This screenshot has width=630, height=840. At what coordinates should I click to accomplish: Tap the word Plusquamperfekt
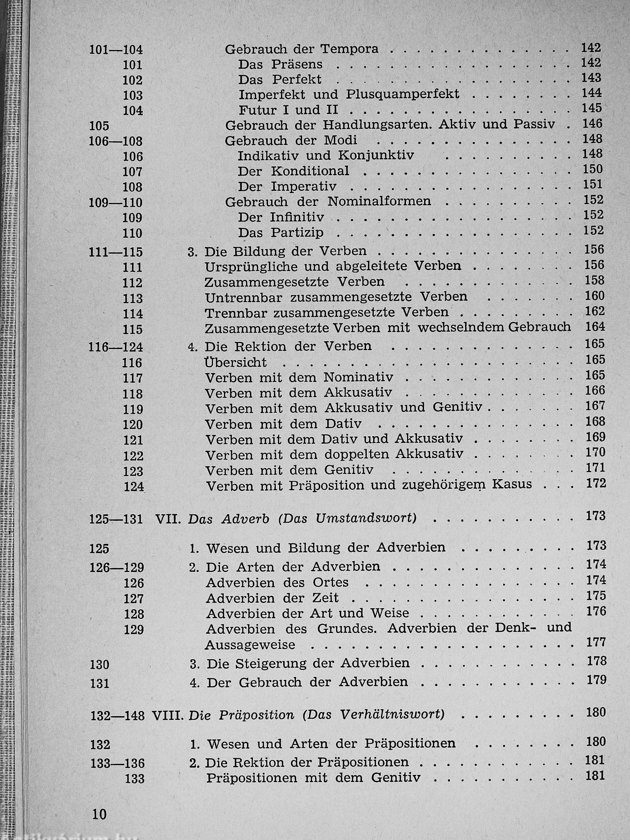click(x=403, y=94)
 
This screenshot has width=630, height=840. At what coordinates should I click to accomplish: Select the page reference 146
click(x=592, y=123)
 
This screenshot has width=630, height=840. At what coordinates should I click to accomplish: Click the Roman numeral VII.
click(x=168, y=519)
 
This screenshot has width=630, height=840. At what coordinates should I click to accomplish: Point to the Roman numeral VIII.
click(x=168, y=715)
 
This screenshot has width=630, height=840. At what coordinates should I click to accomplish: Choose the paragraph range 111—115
click(x=116, y=252)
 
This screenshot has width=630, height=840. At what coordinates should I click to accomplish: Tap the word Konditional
click(x=310, y=171)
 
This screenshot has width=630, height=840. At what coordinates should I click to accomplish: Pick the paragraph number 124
click(x=133, y=487)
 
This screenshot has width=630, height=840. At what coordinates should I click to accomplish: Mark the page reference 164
click(x=594, y=327)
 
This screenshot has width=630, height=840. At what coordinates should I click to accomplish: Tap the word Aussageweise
click(x=250, y=645)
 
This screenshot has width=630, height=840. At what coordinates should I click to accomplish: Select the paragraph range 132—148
click(x=118, y=716)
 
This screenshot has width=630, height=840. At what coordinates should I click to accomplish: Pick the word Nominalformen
click(x=379, y=201)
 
